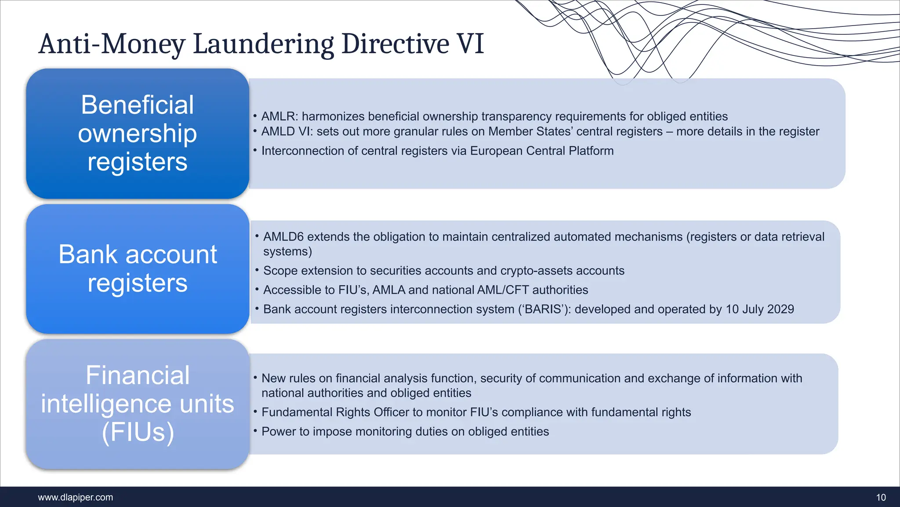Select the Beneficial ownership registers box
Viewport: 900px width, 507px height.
click(x=138, y=133)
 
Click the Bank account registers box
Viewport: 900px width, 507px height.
click(x=138, y=268)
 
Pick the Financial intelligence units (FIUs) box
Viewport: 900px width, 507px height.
click(x=138, y=404)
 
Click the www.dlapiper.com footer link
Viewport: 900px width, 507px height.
click(x=76, y=497)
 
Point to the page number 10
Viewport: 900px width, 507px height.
click(x=881, y=497)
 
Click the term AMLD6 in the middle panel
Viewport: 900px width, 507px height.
click(x=283, y=237)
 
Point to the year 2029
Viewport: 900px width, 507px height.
click(x=780, y=309)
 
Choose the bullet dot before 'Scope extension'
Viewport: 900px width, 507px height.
click(x=257, y=270)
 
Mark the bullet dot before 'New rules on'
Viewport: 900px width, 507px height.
click(x=255, y=378)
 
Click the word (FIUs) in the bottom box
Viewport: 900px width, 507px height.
click(x=138, y=432)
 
